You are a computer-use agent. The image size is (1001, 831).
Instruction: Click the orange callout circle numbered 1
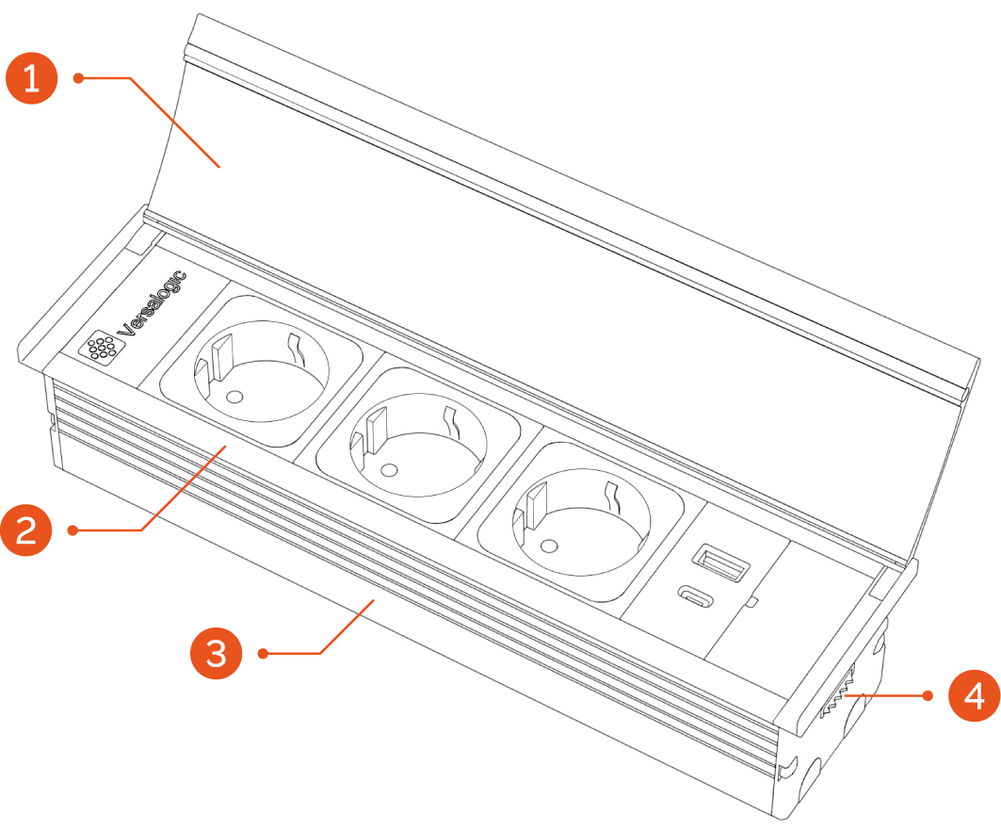33,78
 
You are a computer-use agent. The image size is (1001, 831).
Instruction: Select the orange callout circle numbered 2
28,530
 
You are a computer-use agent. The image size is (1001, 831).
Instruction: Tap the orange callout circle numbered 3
218,653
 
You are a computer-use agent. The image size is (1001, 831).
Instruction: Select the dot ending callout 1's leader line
79,78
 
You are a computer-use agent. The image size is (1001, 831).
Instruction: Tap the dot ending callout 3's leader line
265,653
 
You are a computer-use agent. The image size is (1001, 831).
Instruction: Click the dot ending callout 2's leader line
74,530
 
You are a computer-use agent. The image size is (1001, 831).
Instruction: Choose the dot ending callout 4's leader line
928,696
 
